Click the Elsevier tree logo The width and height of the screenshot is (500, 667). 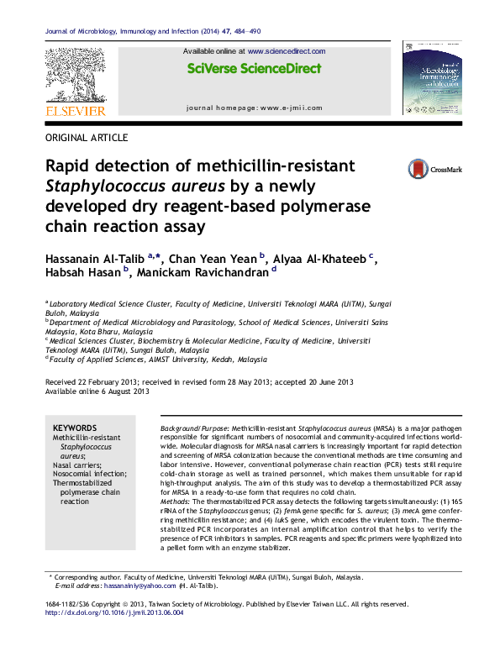[75, 75]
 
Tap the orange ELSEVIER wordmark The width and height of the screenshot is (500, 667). [75, 111]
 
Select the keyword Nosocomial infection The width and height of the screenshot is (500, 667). [92, 474]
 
